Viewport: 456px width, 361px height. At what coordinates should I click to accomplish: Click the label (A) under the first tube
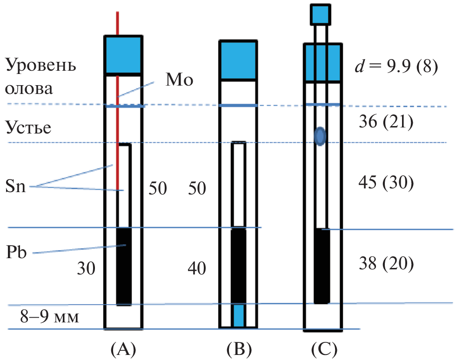122,348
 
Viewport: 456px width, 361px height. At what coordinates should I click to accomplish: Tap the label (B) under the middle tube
238,348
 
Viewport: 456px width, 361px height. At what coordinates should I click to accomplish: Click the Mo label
180,80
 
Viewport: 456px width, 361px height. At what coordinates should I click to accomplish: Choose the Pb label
16,254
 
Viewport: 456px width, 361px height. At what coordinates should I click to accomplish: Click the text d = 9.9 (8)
396,67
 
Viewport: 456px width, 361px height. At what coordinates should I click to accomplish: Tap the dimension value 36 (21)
386,122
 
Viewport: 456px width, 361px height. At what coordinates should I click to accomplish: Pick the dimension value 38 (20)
386,264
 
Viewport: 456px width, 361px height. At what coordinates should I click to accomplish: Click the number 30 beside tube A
87,268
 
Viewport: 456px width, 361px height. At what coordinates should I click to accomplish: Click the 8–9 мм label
49,318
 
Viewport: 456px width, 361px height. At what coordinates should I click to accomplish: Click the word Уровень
41,65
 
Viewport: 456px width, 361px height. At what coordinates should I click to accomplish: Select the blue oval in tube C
320,136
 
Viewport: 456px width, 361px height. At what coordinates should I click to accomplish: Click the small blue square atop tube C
320,14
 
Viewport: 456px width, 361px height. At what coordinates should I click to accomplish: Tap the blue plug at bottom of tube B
239,316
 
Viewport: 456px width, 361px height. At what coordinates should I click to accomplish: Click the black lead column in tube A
123,266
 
